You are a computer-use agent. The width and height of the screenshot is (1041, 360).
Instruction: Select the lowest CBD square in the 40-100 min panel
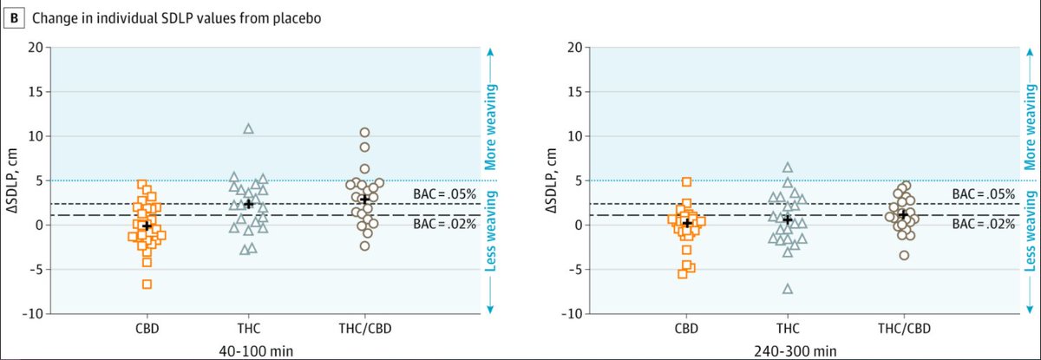click(147, 284)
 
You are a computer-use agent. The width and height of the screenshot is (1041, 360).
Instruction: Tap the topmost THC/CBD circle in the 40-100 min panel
click(364, 133)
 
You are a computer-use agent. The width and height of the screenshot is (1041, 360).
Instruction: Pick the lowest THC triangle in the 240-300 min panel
click(788, 289)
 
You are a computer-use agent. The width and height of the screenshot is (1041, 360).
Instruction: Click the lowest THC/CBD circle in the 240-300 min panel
click(903, 255)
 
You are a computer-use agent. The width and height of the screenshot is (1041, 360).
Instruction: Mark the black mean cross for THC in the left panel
click(248, 204)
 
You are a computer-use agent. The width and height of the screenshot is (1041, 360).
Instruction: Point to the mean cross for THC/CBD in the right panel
click(903, 214)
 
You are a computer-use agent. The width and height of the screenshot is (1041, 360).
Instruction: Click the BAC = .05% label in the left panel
click(444, 194)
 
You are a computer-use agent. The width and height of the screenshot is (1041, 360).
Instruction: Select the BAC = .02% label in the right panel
click(983, 224)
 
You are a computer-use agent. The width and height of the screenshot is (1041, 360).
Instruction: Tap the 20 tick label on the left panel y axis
click(35, 47)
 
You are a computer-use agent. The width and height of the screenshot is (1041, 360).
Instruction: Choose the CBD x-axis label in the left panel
click(147, 330)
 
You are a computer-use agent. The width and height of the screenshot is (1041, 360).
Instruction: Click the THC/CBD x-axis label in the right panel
click(903, 330)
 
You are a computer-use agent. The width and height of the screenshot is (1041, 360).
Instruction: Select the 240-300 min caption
click(804, 350)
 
